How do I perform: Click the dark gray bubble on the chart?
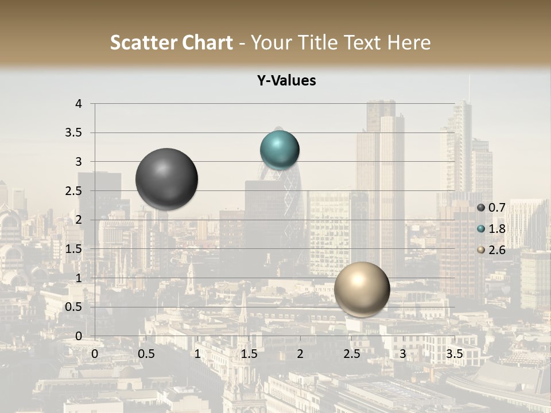click(x=167, y=179)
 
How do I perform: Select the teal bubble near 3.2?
click(x=280, y=150)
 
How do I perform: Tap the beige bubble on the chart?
click(x=362, y=289)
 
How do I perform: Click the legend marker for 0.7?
click(x=480, y=208)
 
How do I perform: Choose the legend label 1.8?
click(x=496, y=229)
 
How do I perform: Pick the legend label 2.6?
click(x=496, y=250)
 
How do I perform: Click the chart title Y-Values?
click(x=286, y=81)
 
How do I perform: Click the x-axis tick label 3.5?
click(x=454, y=354)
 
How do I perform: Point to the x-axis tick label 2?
click(x=300, y=354)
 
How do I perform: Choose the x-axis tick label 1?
click(x=197, y=354)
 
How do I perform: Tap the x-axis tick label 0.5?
click(x=146, y=354)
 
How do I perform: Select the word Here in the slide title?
click(x=409, y=42)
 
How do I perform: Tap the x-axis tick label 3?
click(x=403, y=354)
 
